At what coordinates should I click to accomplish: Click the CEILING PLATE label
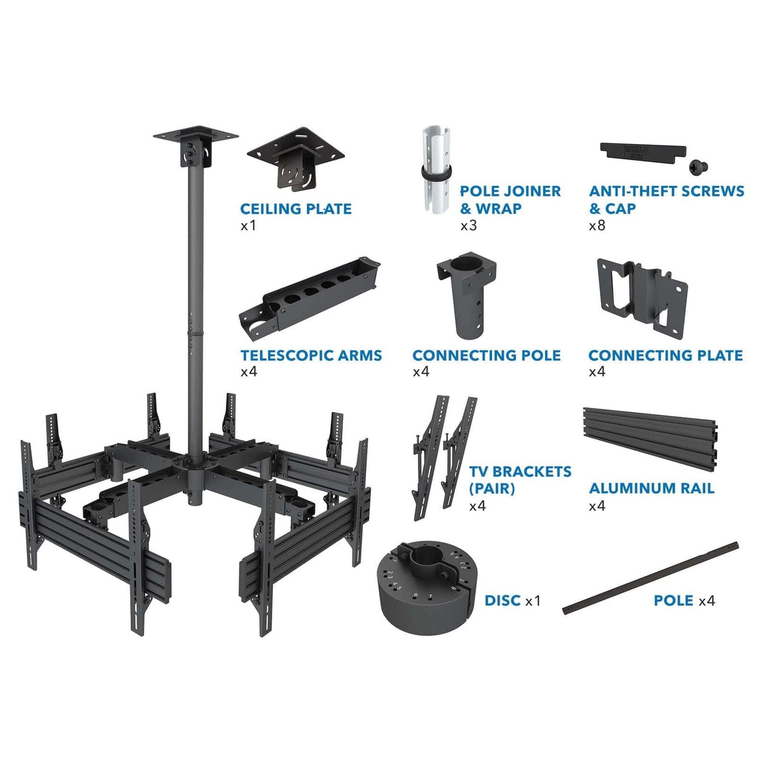coord(296,209)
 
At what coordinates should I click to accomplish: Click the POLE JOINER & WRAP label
coord(510,200)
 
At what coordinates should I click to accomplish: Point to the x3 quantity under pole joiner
coord(468,225)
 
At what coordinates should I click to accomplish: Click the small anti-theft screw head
coord(698,166)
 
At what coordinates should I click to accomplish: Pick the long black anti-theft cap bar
coord(642,153)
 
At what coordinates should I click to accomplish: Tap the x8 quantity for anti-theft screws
coord(597,225)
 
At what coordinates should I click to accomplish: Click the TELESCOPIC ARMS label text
coord(311,355)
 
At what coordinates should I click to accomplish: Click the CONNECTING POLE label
coord(486,355)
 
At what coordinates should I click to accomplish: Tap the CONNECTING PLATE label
coord(665,355)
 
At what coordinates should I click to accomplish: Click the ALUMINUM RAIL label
coord(652,488)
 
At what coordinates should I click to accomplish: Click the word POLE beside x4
coord(673,600)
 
